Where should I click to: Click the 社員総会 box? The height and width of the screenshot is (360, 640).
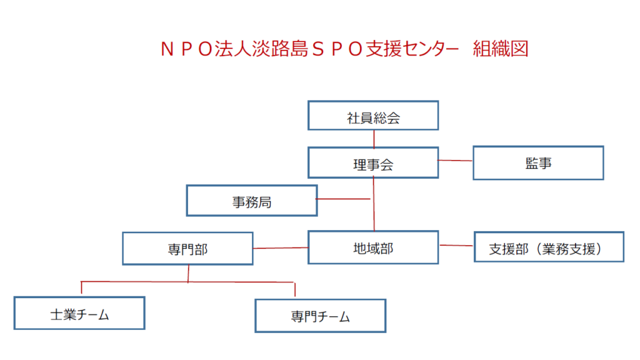point(373,116)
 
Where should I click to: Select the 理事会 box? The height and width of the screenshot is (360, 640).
point(373,163)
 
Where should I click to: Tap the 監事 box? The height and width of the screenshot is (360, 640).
point(538,162)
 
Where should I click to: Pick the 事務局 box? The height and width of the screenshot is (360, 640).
point(252,200)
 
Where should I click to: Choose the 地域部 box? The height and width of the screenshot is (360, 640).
point(373,247)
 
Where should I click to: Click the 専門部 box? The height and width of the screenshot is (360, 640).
point(187,248)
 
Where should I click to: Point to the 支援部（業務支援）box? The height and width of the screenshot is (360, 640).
point(549,246)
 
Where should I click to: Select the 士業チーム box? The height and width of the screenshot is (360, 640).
point(79,313)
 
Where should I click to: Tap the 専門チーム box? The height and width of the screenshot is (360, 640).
point(321,315)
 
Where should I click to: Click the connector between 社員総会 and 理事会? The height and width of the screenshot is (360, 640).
point(374,138)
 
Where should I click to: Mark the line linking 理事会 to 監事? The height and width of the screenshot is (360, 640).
point(456,161)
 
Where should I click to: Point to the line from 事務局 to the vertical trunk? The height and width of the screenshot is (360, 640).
point(344,199)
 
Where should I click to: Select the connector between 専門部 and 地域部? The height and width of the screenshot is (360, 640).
point(281,247)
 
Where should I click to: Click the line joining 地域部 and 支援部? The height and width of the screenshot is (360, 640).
point(456,246)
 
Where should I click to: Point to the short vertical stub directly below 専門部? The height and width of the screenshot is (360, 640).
point(188,273)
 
